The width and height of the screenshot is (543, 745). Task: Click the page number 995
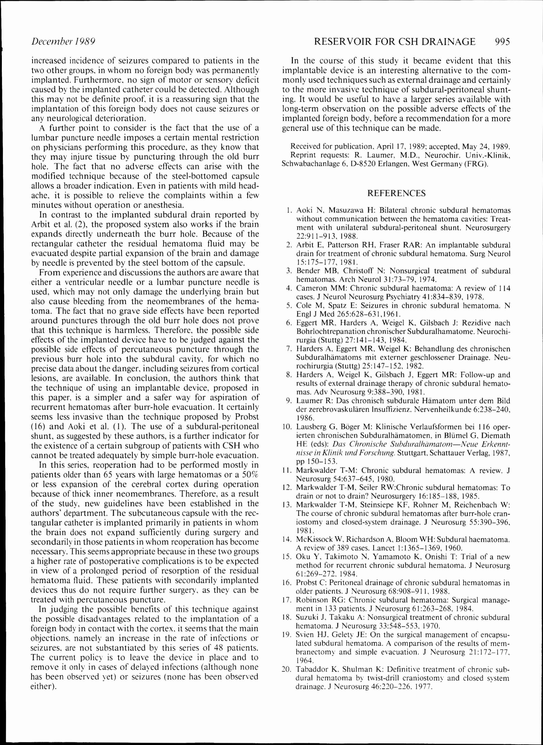pyautogui.click(x=501, y=42)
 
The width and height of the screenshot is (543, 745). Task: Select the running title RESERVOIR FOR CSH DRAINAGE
pyautogui.click(x=395, y=42)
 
